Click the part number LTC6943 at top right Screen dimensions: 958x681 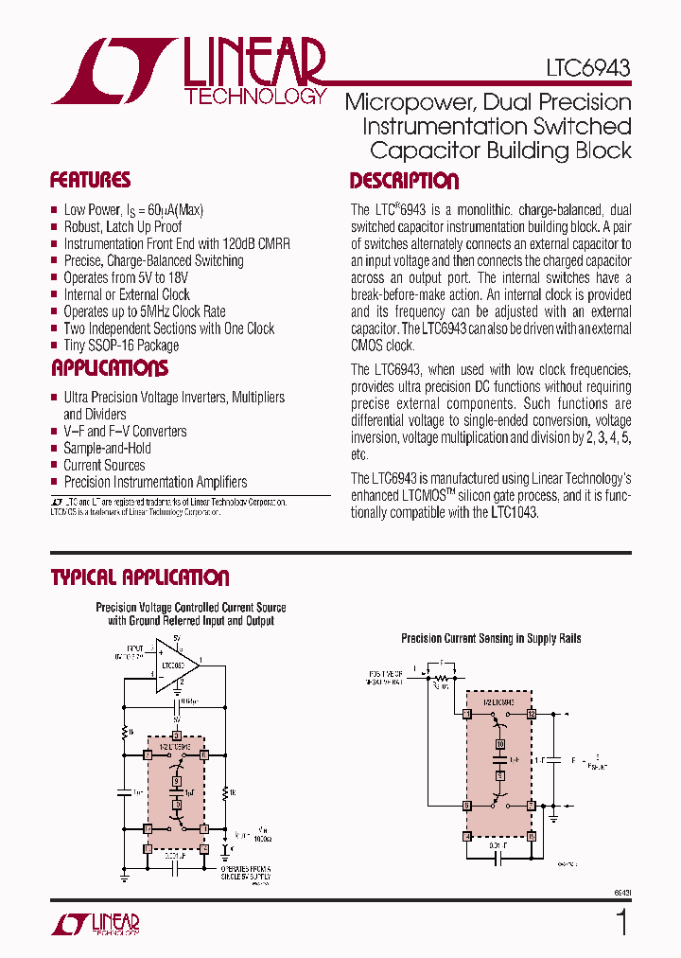pos(587,68)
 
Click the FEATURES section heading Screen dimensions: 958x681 pos(90,180)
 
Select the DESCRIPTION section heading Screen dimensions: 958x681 pos(404,181)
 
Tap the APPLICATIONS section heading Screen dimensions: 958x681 pos(110,368)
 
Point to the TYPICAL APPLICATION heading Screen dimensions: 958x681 pos(140,577)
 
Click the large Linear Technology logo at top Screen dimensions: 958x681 pos(189,71)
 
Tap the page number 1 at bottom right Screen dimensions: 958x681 pos(621,923)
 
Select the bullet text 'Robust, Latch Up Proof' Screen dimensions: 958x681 pos(123,226)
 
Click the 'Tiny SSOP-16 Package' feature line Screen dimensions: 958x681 pos(121,346)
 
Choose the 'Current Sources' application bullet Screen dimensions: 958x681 pos(104,465)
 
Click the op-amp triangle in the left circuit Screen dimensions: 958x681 pos(177,666)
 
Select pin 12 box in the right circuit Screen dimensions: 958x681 pos(533,713)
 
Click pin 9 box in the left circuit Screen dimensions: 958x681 pos(176,780)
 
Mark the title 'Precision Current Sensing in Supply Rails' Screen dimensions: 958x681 pos(491,639)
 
